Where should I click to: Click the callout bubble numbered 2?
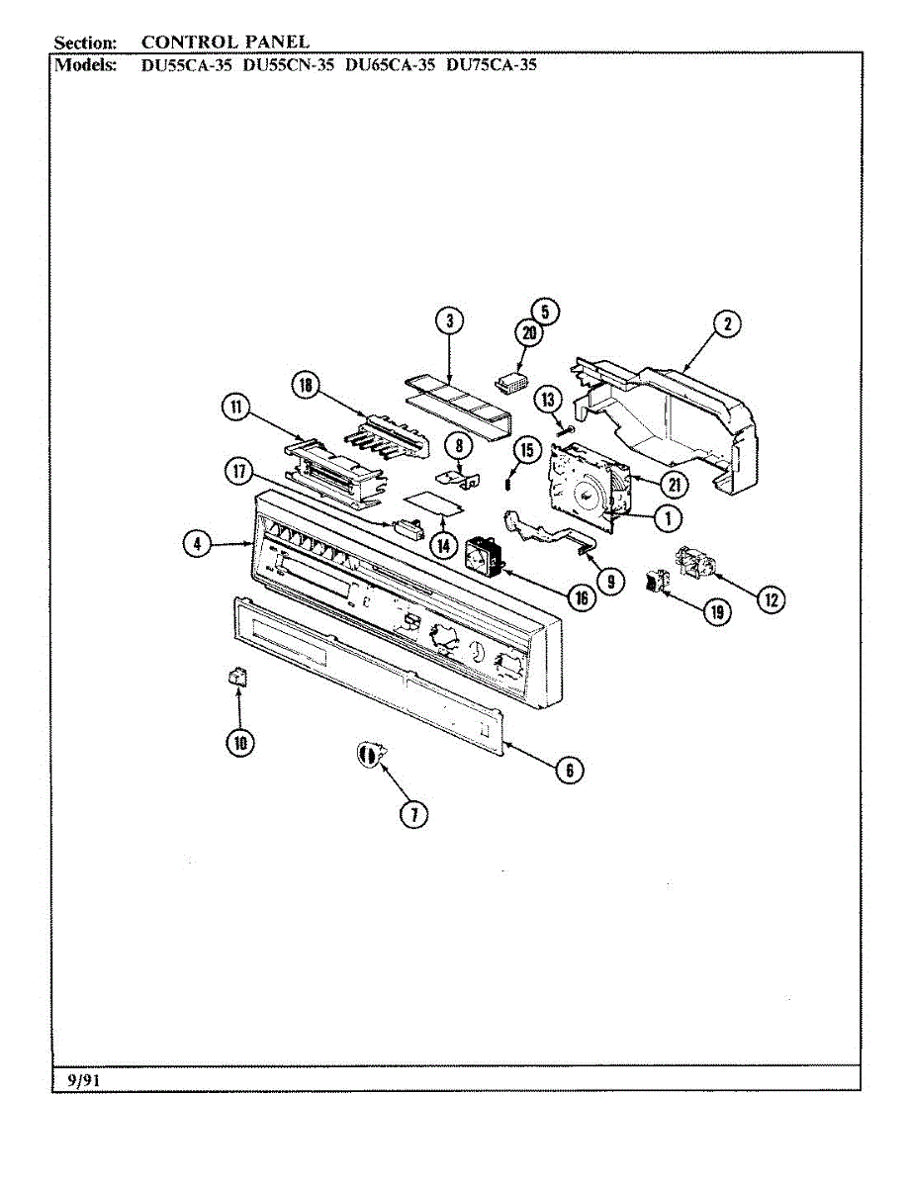coord(727,323)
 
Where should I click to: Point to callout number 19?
coord(715,612)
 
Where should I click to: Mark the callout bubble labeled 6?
coord(568,769)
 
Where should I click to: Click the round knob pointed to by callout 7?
coord(368,756)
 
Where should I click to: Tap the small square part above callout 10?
coord(237,677)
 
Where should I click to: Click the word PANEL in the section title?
coord(275,42)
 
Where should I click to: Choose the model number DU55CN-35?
coord(289,66)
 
